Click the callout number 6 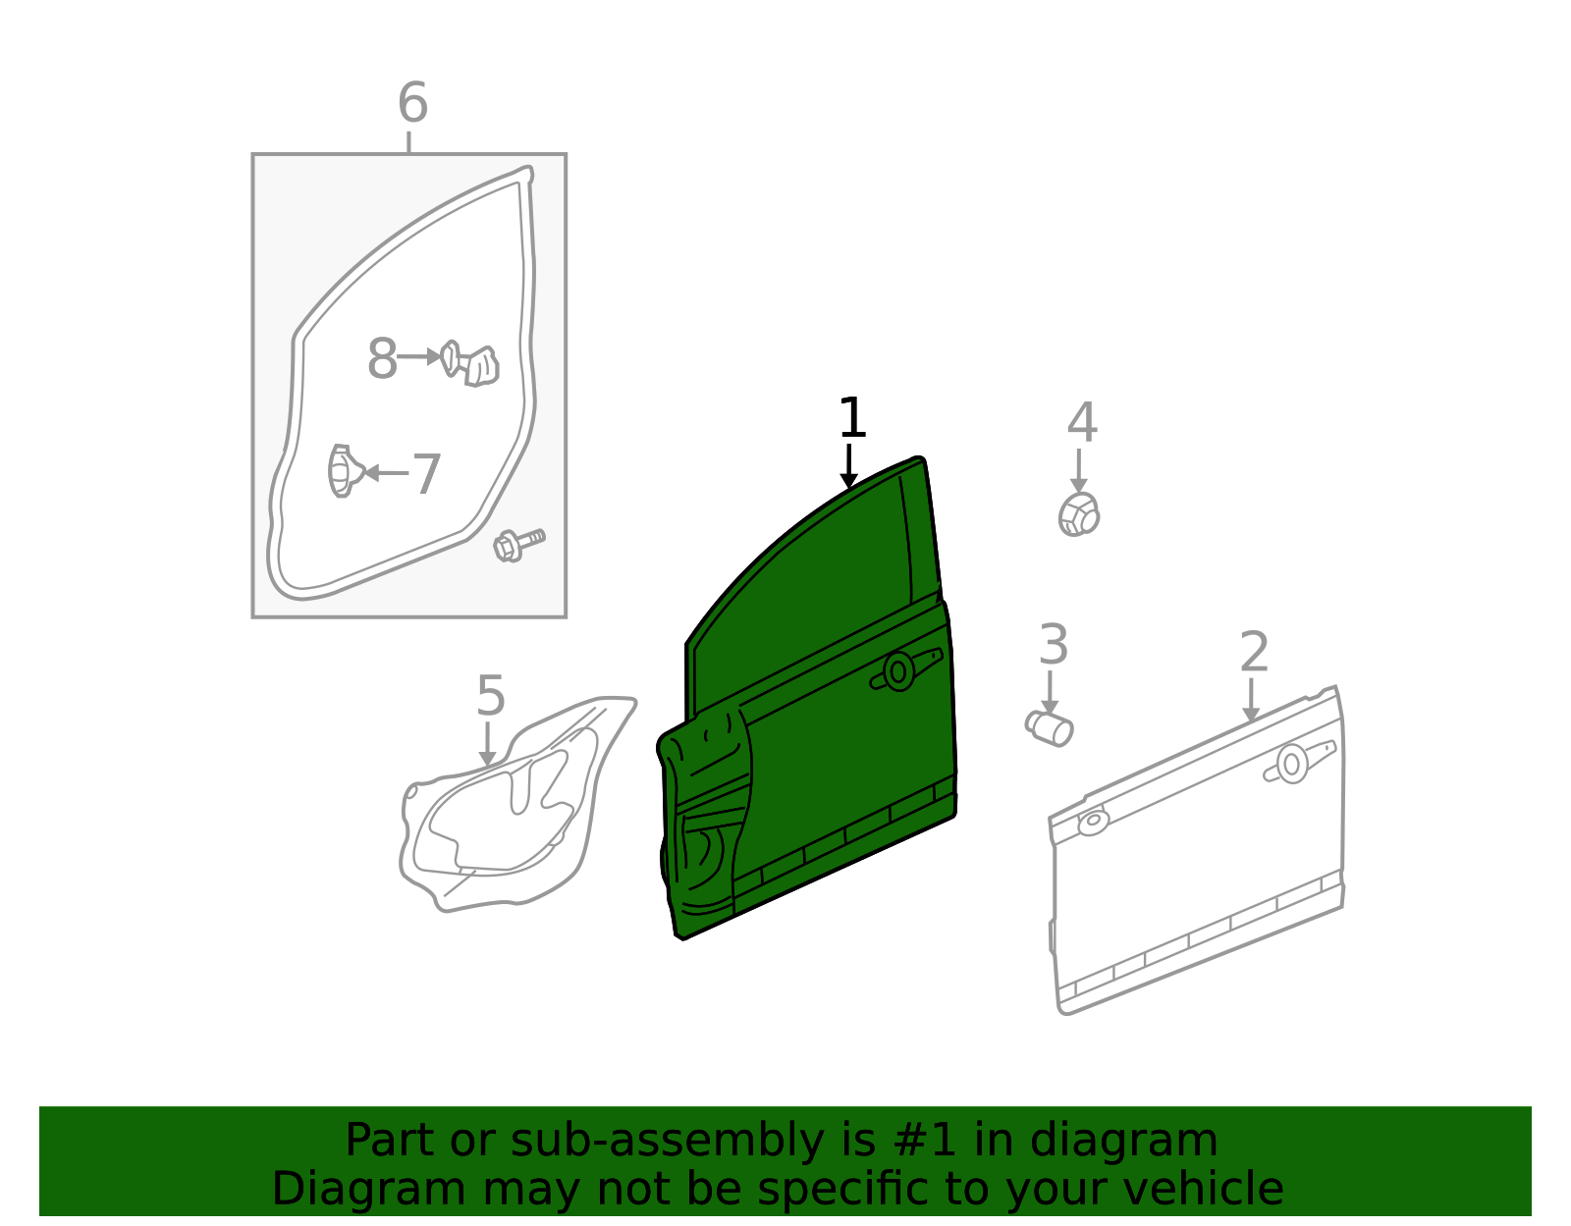pos(412,103)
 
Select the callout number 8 pos(382,358)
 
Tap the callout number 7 pos(426,474)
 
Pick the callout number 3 pos(1054,645)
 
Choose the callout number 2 pos(1254,652)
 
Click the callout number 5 pos(491,696)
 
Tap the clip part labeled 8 pos(470,362)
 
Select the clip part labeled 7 pos(344,471)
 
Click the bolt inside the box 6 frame pos(518,544)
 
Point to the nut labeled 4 pos(1079,515)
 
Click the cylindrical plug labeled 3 pos(1049,727)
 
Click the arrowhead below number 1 pos(848,480)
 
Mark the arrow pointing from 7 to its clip pos(386,473)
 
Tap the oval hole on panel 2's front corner pos(1093,823)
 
